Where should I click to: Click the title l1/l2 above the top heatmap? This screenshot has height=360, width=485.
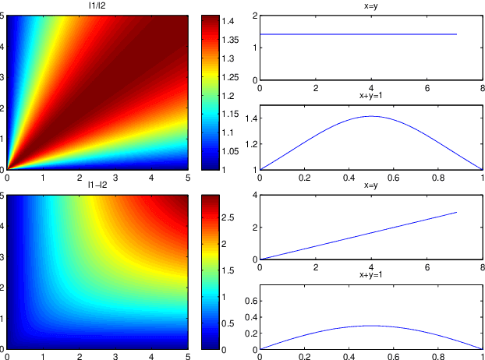click(97, 6)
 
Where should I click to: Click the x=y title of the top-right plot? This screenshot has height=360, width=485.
click(370, 6)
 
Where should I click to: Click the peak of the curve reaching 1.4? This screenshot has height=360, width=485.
click(370, 116)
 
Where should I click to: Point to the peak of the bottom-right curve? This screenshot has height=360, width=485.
click(370, 325)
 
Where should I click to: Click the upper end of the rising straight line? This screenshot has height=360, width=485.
click(456, 212)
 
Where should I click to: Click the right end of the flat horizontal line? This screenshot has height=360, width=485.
click(456, 34)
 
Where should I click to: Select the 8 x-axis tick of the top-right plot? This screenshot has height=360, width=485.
click(482, 87)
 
